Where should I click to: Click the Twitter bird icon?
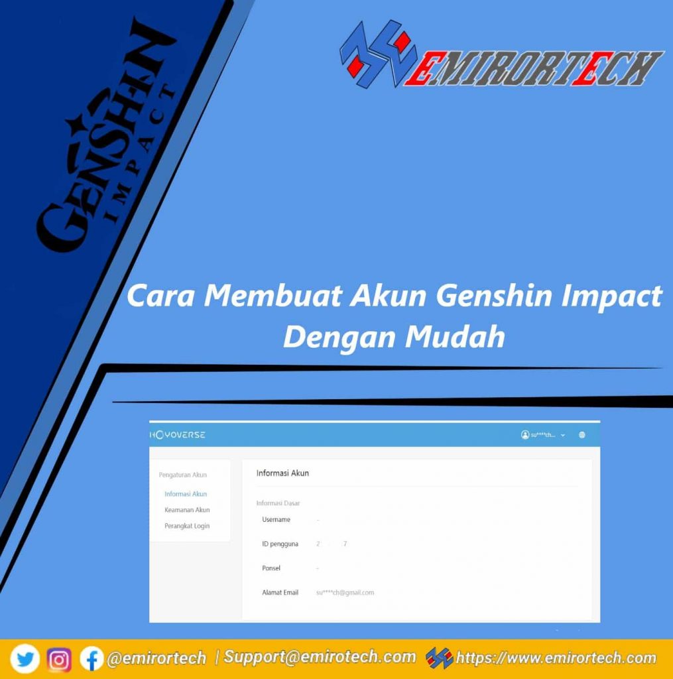pos(25,659)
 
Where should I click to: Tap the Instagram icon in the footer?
pos(59,659)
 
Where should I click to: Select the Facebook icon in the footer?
pos(92,659)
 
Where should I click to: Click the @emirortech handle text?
pos(156,658)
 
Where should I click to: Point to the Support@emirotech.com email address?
pos(320,657)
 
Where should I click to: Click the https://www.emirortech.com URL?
pos(556,658)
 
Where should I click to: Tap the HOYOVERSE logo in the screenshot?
pos(177,435)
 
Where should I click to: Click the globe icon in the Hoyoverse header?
pos(581,435)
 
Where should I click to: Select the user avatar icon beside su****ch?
pos(525,435)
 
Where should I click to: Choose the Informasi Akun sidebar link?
pos(186,494)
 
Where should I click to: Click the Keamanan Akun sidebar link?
pos(187,510)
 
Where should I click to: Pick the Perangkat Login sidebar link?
pos(187,526)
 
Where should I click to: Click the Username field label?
pos(276,519)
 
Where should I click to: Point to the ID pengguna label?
pos(280,544)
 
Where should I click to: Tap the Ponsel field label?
pos(271,568)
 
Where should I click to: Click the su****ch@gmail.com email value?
pos(345,592)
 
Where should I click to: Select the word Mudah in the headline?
pos(456,337)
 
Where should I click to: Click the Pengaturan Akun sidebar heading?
pos(183,475)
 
